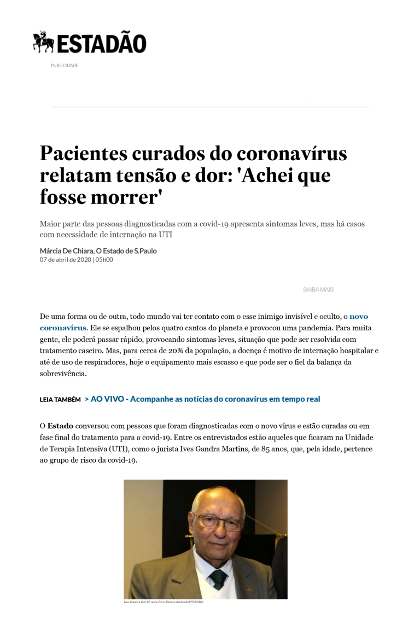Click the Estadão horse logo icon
(43, 42)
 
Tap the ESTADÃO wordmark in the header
(102, 44)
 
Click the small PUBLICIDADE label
(65, 66)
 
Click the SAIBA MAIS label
(318, 290)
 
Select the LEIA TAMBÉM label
(60, 400)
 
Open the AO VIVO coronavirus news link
(205, 399)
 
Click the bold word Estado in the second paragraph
(60, 425)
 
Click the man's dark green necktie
(218, 579)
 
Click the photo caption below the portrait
(164, 602)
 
